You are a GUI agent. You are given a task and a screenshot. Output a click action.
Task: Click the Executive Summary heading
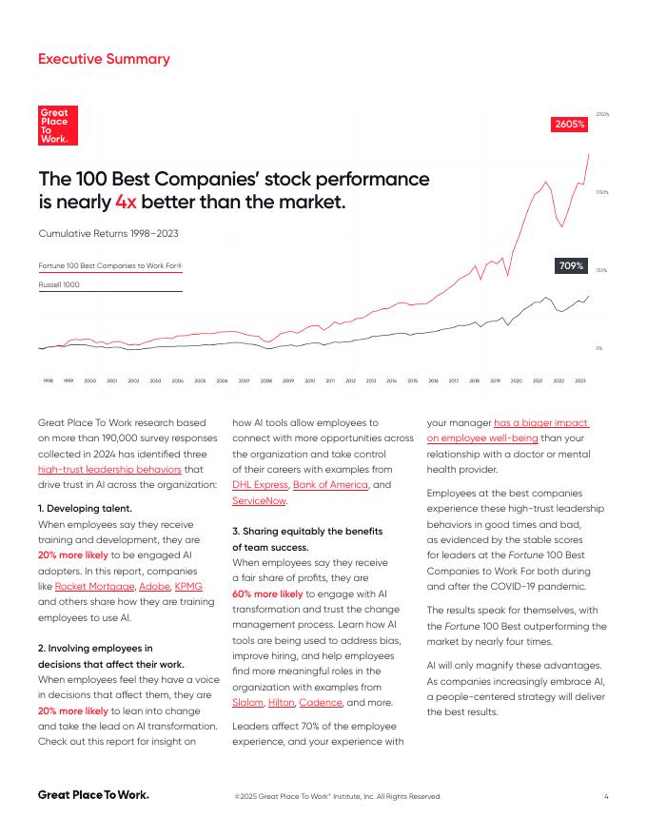click(x=104, y=59)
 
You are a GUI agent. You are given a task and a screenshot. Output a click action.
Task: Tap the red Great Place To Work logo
click(x=58, y=126)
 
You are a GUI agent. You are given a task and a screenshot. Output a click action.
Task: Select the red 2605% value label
click(x=569, y=125)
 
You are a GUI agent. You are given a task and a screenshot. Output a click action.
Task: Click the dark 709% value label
click(x=571, y=266)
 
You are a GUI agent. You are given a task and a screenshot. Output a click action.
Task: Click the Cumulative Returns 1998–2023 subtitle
click(x=108, y=233)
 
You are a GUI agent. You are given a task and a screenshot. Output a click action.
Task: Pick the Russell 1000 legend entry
click(x=59, y=284)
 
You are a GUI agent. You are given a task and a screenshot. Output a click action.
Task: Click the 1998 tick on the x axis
click(x=48, y=380)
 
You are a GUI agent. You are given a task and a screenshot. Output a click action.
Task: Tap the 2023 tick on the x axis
click(x=579, y=380)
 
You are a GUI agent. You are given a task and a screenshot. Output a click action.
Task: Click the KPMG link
click(x=188, y=586)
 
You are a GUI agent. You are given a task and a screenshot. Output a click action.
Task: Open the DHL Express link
click(x=260, y=485)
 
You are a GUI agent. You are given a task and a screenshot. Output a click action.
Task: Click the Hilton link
click(x=281, y=702)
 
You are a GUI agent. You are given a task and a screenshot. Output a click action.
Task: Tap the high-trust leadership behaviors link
click(x=107, y=469)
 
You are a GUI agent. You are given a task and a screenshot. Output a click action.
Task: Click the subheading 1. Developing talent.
click(x=85, y=509)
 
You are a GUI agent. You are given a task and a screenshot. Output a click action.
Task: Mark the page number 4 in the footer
click(x=606, y=796)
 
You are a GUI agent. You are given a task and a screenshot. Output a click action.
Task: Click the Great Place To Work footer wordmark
click(x=93, y=794)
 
